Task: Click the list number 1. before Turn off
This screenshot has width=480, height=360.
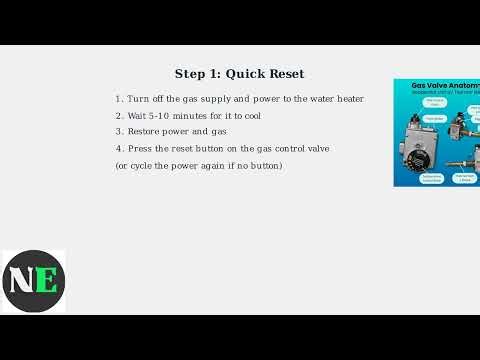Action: [119, 99]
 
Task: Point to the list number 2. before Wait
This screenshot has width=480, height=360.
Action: [119, 116]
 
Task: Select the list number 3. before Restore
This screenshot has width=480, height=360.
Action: [119, 132]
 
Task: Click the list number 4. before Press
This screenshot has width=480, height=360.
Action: [119, 149]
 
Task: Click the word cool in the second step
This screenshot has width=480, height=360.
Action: [252, 116]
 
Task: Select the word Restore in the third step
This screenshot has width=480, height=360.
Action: [145, 132]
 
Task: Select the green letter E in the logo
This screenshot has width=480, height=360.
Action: [46, 280]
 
